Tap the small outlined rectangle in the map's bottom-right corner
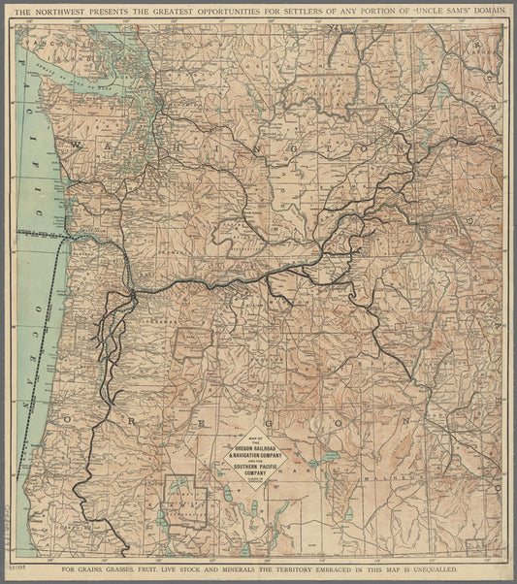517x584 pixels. (475, 546)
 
